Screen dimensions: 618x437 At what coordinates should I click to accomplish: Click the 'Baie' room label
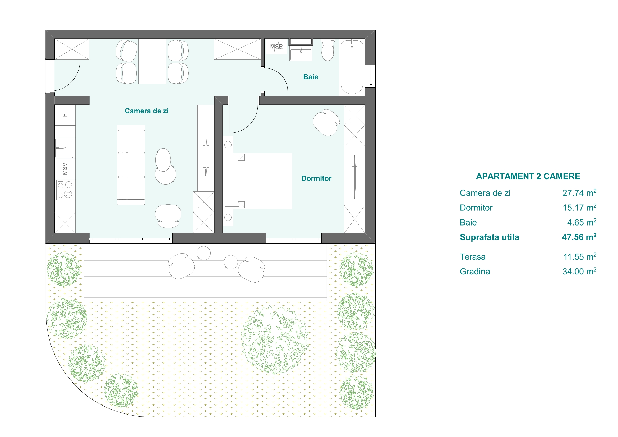tap(311, 77)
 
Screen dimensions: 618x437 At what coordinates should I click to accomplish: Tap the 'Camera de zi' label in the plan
tap(147, 111)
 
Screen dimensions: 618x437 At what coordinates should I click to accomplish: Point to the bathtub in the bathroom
tap(352, 67)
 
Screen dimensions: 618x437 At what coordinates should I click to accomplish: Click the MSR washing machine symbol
tap(276, 47)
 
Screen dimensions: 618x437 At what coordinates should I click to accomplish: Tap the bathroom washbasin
tap(301, 55)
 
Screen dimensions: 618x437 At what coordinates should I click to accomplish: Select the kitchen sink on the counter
tap(64, 148)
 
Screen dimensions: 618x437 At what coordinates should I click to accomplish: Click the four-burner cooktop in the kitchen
tap(64, 190)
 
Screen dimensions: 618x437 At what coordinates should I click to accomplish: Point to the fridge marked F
tap(64, 115)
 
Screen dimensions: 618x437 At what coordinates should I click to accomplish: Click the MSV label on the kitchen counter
tap(64, 169)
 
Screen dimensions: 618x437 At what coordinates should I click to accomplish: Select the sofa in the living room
tap(131, 165)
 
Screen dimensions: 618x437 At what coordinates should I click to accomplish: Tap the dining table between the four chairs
tap(152, 61)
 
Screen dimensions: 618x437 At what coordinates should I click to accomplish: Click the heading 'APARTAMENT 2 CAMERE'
tap(528, 176)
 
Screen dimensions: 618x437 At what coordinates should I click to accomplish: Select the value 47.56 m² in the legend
tap(579, 237)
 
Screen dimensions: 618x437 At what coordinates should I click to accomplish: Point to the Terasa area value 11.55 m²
tap(580, 257)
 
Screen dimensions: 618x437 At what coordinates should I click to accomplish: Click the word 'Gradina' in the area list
tap(475, 272)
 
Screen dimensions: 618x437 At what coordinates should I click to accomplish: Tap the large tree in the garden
tap(275, 340)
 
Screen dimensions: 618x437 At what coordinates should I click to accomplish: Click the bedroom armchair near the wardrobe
tap(326, 122)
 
